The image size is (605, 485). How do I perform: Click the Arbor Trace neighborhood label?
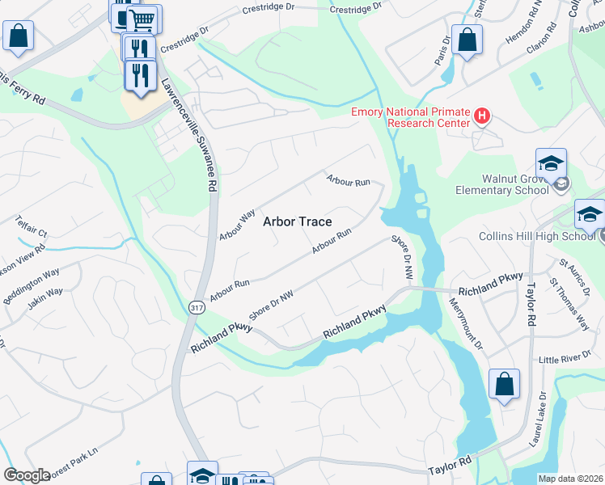(x=297, y=222)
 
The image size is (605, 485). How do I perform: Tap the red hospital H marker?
(x=483, y=116)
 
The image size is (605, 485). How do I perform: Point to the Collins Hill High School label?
(x=548, y=236)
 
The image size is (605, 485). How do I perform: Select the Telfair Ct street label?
(x=32, y=226)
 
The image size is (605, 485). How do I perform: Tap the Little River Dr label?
(x=565, y=359)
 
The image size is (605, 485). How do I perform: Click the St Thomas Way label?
(x=569, y=305)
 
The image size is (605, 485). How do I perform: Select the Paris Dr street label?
(x=442, y=50)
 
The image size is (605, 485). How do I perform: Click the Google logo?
(x=27, y=475)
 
